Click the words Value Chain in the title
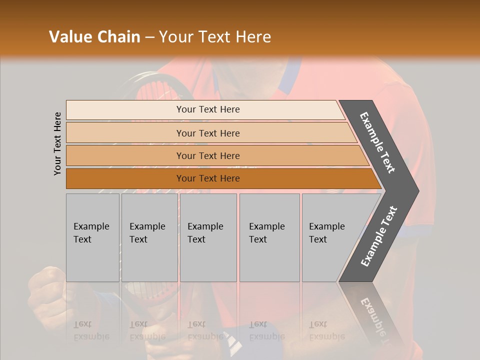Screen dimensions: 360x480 point(94,37)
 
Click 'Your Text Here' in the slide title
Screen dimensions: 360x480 point(215,37)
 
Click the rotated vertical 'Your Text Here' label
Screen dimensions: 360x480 point(57,144)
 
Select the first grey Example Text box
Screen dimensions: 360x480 point(92,237)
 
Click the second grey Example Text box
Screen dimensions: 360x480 point(149,237)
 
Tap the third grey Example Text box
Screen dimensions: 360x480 point(208,237)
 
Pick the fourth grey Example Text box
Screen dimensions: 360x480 point(269,237)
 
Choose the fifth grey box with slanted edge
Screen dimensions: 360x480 point(330,237)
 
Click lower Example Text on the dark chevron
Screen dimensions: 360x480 point(378,236)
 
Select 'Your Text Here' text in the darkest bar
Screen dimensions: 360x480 point(208,178)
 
